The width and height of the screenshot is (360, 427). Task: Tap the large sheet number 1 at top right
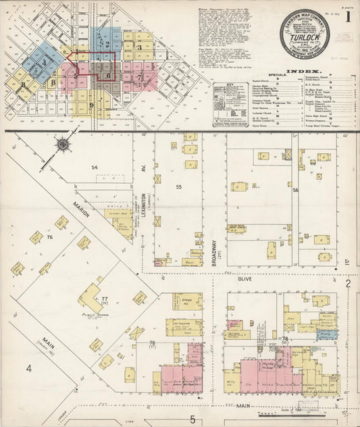click(348, 15)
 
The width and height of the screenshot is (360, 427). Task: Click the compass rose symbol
click(63, 143)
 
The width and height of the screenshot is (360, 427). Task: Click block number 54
click(95, 167)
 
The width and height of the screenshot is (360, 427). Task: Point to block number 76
click(49, 238)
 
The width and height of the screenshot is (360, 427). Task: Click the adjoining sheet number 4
click(29, 368)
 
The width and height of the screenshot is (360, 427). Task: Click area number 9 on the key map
click(91, 105)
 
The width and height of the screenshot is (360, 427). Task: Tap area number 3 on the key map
click(138, 47)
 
